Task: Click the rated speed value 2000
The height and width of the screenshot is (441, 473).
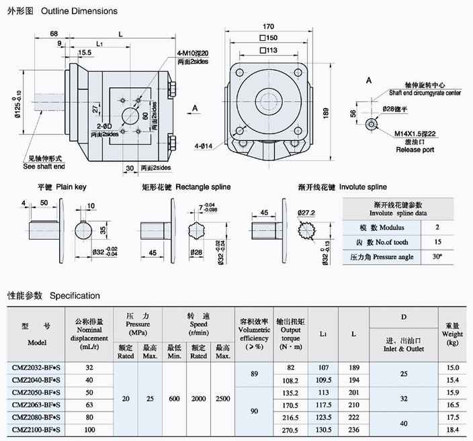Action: pyautogui.click(x=198, y=398)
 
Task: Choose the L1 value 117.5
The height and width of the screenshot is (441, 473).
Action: pyautogui.click(x=322, y=404)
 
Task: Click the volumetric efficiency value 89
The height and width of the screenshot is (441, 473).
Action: pyautogui.click(x=253, y=374)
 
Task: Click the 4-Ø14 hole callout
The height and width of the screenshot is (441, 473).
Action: pyautogui.click(x=204, y=145)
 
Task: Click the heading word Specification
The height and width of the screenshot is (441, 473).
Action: pyautogui.click(x=75, y=295)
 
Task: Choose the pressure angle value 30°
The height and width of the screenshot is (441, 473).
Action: pyautogui.click(x=437, y=257)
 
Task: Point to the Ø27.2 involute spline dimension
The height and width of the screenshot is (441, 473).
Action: pyautogui.click(x=306, y=213)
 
